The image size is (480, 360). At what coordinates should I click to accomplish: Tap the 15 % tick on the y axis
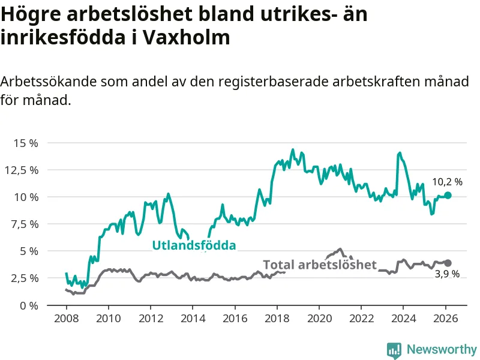(26, 143)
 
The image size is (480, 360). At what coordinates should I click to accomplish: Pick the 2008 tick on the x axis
(65, 318)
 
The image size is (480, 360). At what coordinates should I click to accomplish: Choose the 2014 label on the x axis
(192, 318)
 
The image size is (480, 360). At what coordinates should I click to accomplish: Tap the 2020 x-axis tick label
(319, 318)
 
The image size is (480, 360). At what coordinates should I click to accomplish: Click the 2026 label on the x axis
(446, 318)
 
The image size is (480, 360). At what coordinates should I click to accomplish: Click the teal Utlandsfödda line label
(194, 245)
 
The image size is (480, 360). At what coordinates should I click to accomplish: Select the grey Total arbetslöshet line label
(320, 265)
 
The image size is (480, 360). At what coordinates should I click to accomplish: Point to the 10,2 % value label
(448, 182)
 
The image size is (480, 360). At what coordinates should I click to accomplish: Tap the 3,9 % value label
(447, 274)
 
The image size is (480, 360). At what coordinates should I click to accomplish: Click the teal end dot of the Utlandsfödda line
(448, 196)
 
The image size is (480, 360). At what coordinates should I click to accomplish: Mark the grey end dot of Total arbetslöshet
(448, 263)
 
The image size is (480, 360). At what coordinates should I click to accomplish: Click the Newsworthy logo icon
(394, 350)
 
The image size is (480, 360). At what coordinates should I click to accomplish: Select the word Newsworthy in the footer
(442, 349)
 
